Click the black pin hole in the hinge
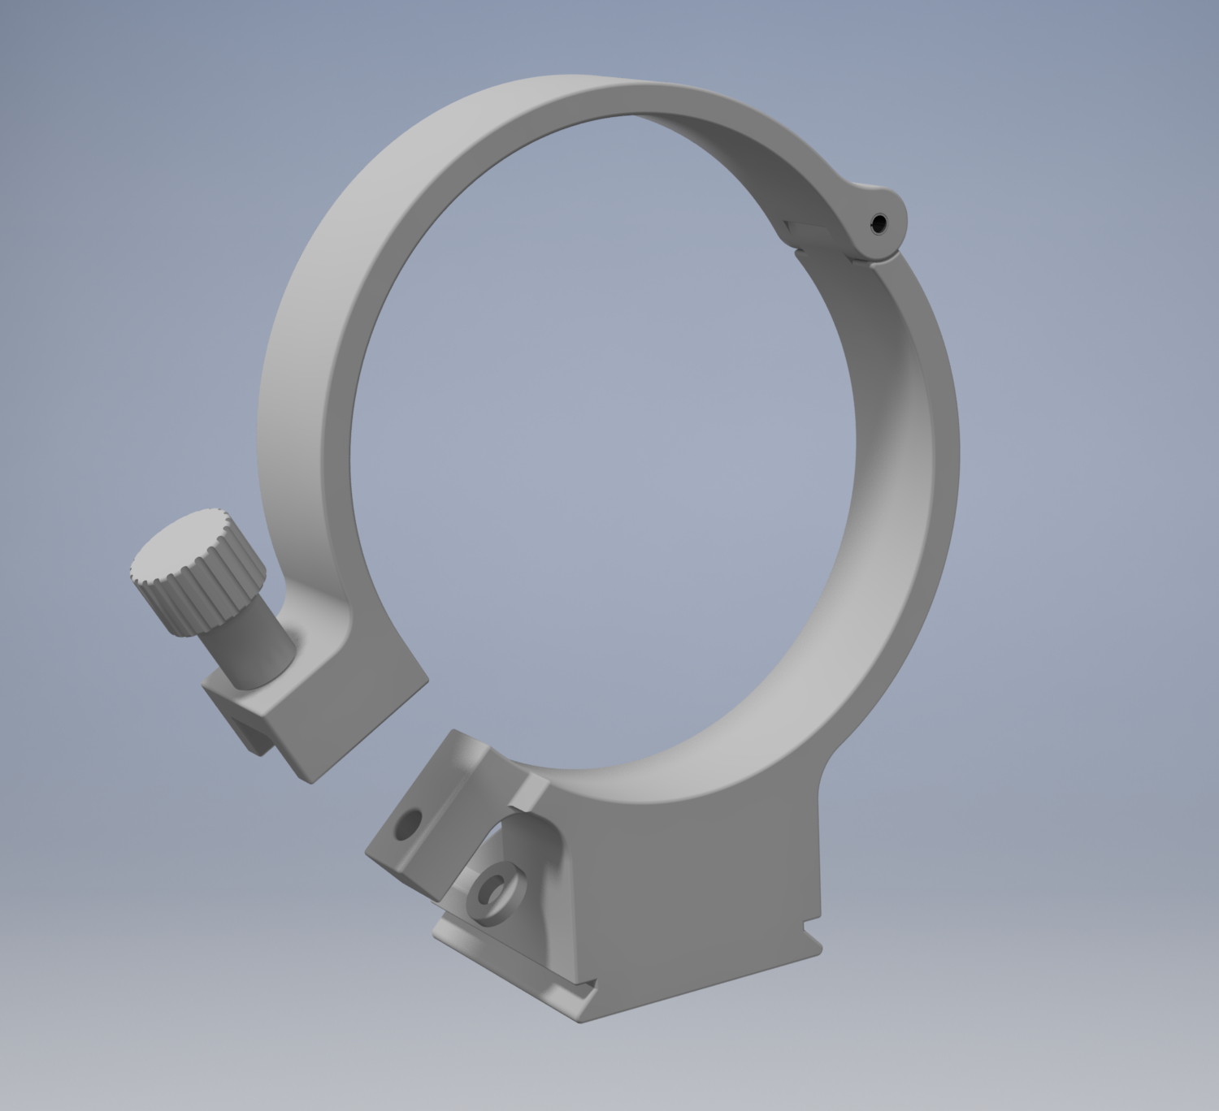pos(879,222)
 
